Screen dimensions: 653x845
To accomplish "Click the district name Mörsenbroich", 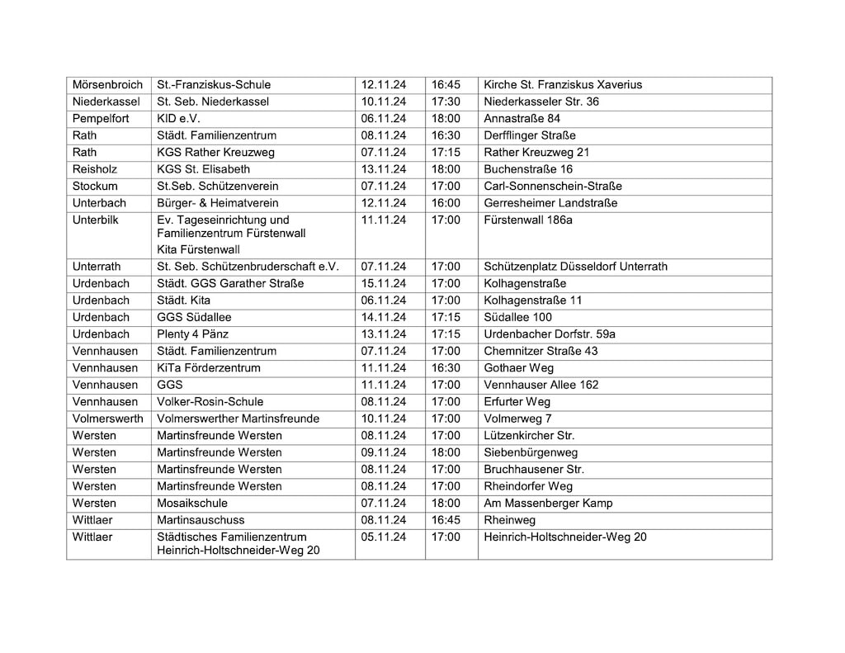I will [x=107, y=85].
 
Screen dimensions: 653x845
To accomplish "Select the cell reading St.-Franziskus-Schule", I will [x=214, y=85].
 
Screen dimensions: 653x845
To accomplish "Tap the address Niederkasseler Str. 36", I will [x=541, y=102].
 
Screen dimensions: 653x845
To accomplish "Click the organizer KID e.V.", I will [x=179, y=119].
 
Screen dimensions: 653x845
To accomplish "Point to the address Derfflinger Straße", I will [x=530, y=135].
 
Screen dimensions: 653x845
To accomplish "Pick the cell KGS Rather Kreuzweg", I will [x=216, y=152].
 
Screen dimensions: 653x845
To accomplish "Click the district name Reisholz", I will [x=96, y=169].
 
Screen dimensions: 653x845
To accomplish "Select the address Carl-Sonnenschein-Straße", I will [x=553, y=186].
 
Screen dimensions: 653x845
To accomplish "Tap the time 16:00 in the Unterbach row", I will [x=446, y=203].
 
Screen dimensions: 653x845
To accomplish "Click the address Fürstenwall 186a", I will [x=528, y=220].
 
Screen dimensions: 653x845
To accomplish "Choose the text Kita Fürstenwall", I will [x=199, y=249].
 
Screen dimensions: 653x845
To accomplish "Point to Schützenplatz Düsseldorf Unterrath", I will [x=576, y=267].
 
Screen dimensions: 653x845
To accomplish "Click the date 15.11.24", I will [x=384, y=283].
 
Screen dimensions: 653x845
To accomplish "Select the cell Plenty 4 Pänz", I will [x=193, y=334].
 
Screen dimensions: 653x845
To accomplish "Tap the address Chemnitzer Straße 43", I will [x=541, y=351].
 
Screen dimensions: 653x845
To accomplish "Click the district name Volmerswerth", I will [x=108, y=419].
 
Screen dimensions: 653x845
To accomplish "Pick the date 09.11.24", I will [x=384, y=452].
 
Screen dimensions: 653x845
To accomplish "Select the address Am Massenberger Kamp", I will [x=548, y=503].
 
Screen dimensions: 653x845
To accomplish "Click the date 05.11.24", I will [x=384, y=537].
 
